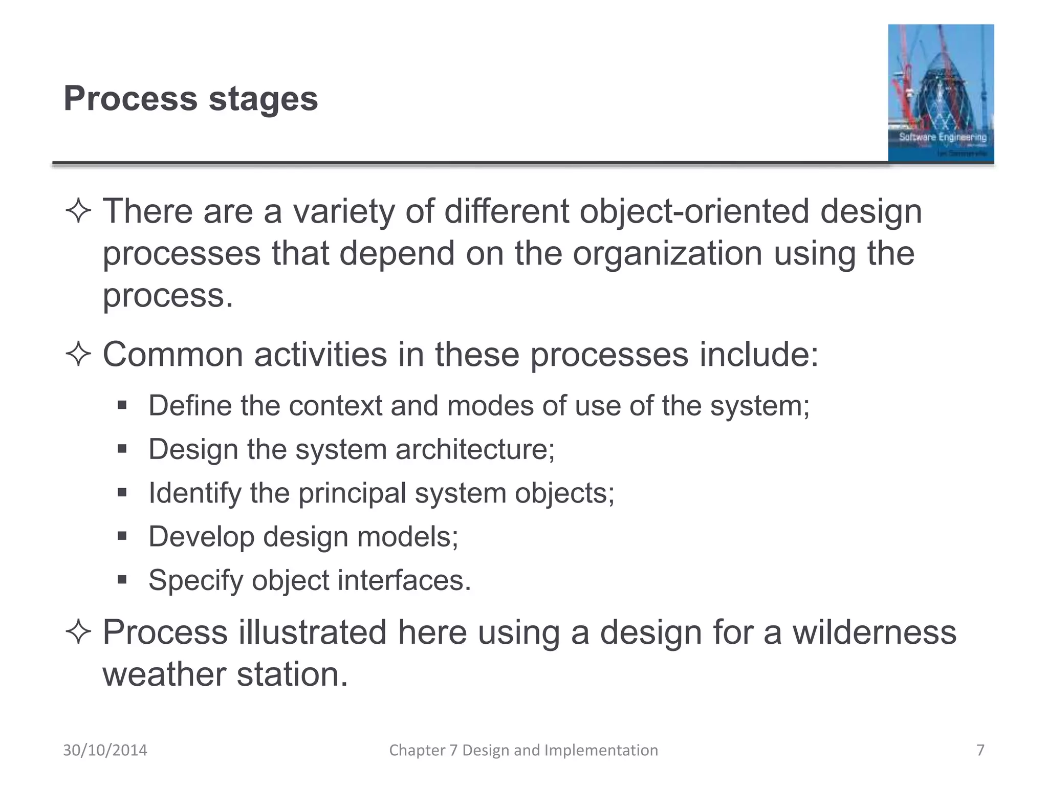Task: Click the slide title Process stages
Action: coord(190,98)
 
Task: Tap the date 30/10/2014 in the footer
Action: coord(105,750)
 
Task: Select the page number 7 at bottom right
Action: coord(980,750)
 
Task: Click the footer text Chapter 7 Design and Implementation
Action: coord(523,750)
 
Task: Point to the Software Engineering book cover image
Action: coord(941,93)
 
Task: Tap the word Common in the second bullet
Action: coord(173,355)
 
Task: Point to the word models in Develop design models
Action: coord(407,537)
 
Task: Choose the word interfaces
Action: coord(404,581)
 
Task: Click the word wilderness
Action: coord(874,632)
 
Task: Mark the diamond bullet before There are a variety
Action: coord(78,211)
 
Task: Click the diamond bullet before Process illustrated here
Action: coord(78,632)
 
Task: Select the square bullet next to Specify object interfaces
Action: coord(122,580)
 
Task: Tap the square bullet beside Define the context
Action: coord(122,405)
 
